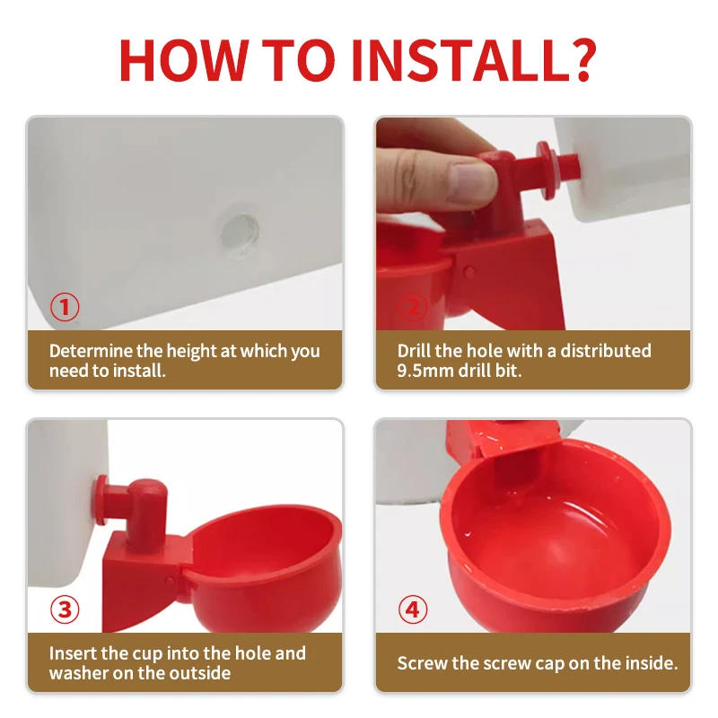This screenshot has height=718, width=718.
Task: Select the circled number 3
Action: tap(64, 610)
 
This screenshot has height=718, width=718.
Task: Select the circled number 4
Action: tap(412, 610)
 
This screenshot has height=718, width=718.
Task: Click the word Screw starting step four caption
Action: tap(422, 664)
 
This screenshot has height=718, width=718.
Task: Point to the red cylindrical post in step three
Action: tap(144, 512)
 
